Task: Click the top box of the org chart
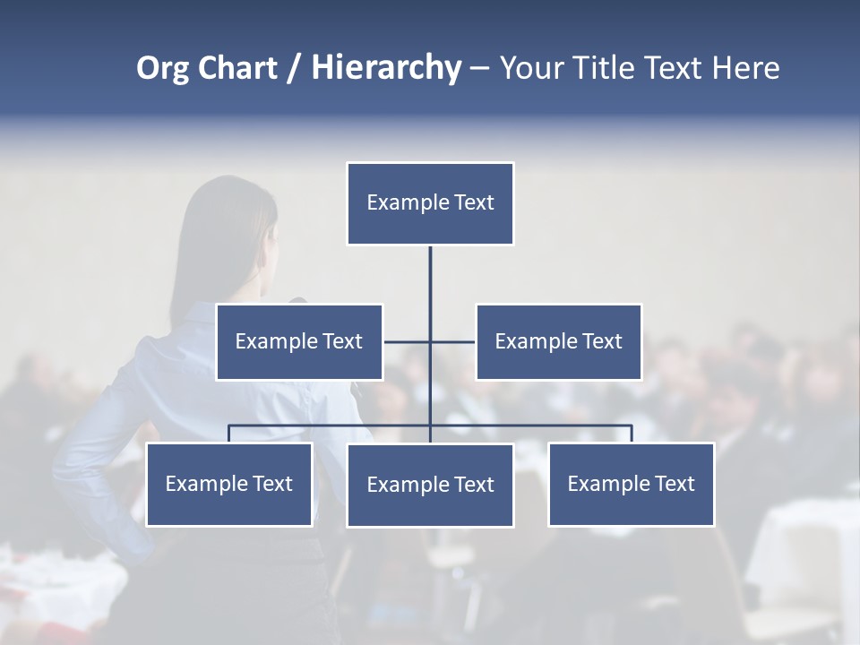(x=430, y=203)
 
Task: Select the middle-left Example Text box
(x=299, y=341)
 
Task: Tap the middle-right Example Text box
(x=558, y=341)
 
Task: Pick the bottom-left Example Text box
(x=229, y=484)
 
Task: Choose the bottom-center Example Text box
(x=430, y=485)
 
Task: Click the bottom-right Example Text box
(x=631, y=484)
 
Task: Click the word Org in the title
(x=163, y=68)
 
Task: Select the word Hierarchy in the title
(x=386, y=68)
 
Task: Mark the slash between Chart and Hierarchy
(x=294, y=69)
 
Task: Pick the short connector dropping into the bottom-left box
(x=229, y=434)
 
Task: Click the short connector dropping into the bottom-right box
(x=632, y=434)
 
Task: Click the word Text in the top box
(x=474, y=202)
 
